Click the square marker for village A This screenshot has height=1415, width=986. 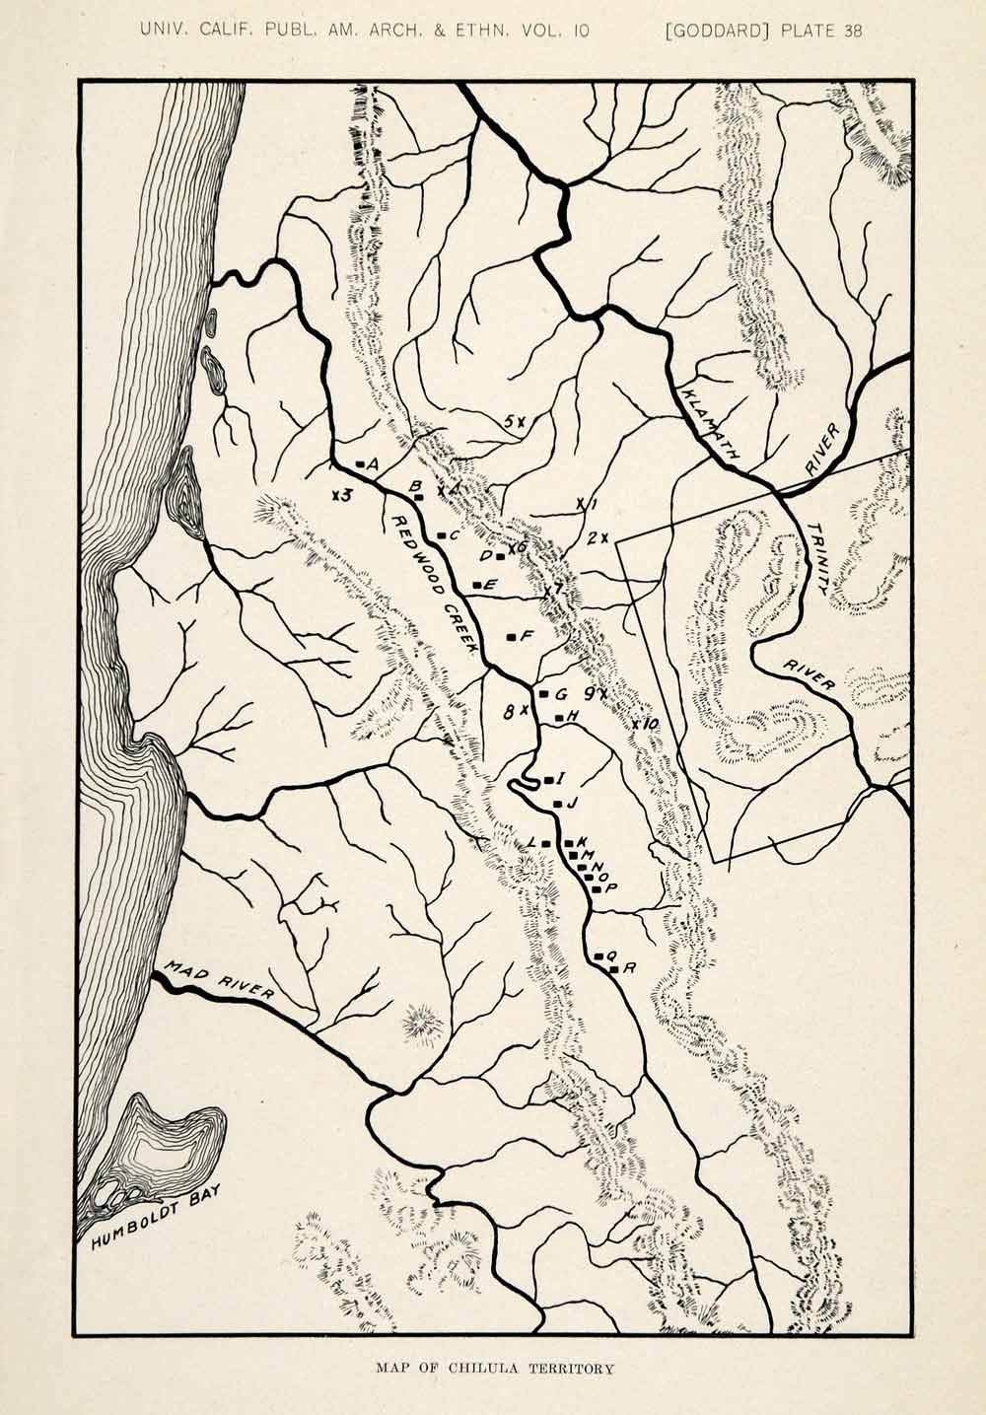[360, 463]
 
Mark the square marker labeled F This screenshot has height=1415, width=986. [510, 637]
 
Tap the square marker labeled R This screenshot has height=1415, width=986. [613, 970]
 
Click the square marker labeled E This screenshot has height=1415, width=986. [476, 586]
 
